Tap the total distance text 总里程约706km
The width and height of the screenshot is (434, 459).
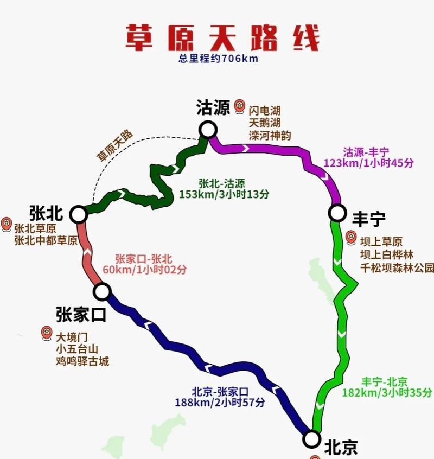(x=219, y=59)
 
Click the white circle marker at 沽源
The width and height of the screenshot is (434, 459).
(x=208, y=130)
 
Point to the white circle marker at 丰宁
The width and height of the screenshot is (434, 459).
(x=337, y=213)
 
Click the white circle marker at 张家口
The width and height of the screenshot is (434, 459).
(x=102, y=291)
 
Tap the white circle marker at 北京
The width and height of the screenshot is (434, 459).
(x=311, y=438)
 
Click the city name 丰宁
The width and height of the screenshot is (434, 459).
(x=369, y=219)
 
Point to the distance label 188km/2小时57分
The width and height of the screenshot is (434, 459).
(x=220, y=402)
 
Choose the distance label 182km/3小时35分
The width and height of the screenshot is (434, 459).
(x=387, y=392)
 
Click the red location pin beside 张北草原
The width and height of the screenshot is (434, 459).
(x=7, y=222)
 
